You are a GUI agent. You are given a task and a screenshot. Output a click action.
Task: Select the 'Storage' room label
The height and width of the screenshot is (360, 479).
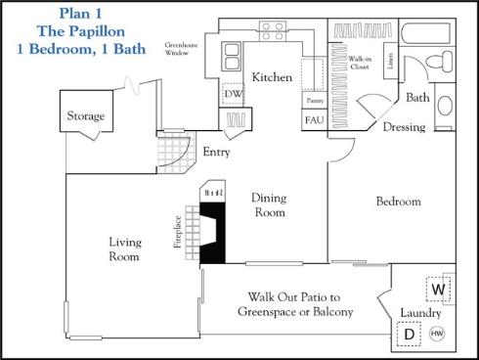(86, 117)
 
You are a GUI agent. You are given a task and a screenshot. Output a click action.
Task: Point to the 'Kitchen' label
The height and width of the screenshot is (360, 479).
(272, 77)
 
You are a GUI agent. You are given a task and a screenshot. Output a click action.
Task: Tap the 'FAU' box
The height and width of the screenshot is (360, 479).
(314, 120)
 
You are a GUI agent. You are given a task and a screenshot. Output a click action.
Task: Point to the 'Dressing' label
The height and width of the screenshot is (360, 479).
(403, 127)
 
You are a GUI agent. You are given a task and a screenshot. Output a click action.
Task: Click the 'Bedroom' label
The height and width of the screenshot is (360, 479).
(399, 202)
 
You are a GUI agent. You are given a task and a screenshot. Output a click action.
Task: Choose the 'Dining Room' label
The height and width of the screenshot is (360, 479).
(269, 204)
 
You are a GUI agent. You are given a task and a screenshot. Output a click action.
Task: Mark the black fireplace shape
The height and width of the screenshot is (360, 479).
(212, 225)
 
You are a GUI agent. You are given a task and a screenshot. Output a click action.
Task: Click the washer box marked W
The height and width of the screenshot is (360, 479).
(439, 290)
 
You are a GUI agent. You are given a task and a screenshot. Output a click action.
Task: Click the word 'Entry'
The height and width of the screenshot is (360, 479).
(215, 153)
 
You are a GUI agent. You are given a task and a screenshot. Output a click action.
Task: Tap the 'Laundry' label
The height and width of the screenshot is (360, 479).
(419, 313)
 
